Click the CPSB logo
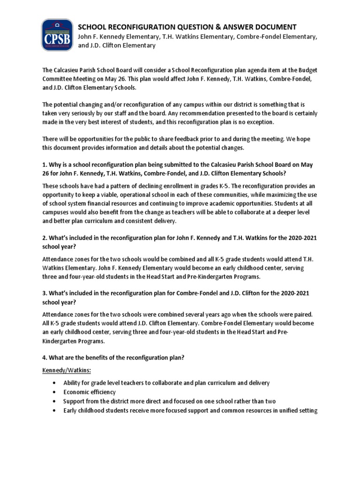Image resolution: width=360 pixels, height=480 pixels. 57,35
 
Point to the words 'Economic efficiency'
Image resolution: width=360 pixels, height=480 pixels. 89,392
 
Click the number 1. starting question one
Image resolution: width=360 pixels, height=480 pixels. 45,165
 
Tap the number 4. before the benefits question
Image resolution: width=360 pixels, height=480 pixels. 45,358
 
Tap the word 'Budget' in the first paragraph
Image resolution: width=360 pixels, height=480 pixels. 299,70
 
